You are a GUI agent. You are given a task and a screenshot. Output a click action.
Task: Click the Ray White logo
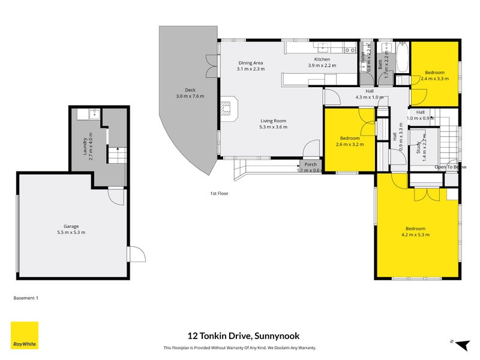click(25, 335)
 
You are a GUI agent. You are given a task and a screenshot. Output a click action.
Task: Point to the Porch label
click(310, 164)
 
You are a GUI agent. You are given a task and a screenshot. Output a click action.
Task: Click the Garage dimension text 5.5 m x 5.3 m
click(71, 232)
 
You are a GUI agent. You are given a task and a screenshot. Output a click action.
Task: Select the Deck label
click(190, 90)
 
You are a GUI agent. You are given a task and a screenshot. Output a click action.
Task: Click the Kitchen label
click(322, 59)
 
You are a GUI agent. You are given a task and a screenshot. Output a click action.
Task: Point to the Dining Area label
click(250, 63)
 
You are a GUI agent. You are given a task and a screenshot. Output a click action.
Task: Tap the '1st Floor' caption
click(218, 193)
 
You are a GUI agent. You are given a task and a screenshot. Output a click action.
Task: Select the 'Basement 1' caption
click(26, 297)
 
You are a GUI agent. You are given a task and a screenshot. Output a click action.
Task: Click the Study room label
click(418, 147)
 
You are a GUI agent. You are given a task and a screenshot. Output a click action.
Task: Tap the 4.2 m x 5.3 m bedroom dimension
click(415, 235)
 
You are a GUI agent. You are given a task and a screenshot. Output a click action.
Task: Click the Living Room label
click(273, 121)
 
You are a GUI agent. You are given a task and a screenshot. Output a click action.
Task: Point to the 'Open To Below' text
click(450, 166)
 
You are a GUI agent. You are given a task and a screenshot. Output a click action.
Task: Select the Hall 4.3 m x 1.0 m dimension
click(369, 97)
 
